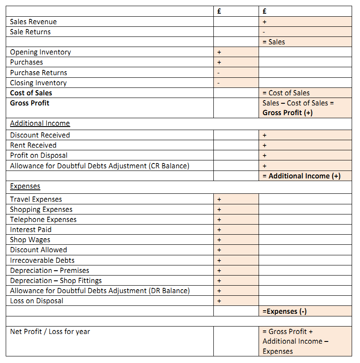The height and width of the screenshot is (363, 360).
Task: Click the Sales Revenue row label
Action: [33, 22]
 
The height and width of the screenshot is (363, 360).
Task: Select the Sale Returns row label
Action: [30, 32]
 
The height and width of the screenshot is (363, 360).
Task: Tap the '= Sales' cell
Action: [274, 42]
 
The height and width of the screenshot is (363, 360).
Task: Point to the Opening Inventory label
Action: [40, 52]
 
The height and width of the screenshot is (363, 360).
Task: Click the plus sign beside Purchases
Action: [219, 62]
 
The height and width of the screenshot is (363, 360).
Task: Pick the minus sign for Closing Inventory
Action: [219, 83]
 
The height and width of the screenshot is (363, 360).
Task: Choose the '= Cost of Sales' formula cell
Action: [286, 93]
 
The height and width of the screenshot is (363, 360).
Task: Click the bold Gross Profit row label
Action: [29, 103]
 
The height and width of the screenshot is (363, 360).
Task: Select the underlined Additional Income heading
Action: [40, 123]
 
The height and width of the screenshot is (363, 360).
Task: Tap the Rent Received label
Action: [33, 145]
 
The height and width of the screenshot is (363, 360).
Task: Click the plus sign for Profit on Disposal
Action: [265, 156]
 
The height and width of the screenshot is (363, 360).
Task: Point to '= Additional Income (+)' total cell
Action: [301, 176]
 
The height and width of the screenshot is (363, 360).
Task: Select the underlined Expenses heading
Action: [25, 186]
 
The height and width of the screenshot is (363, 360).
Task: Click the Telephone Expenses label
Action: [43, 219]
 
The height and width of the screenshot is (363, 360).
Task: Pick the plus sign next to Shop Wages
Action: [219, 240]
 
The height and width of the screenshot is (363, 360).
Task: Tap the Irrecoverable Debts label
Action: [42, 260]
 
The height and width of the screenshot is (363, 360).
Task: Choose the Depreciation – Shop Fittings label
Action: [56, 280]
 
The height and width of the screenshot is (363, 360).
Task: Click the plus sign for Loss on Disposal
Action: [219, 301]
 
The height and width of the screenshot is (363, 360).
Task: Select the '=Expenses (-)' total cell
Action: [284, 311]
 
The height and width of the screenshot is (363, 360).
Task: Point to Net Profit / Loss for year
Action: [50, 331]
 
